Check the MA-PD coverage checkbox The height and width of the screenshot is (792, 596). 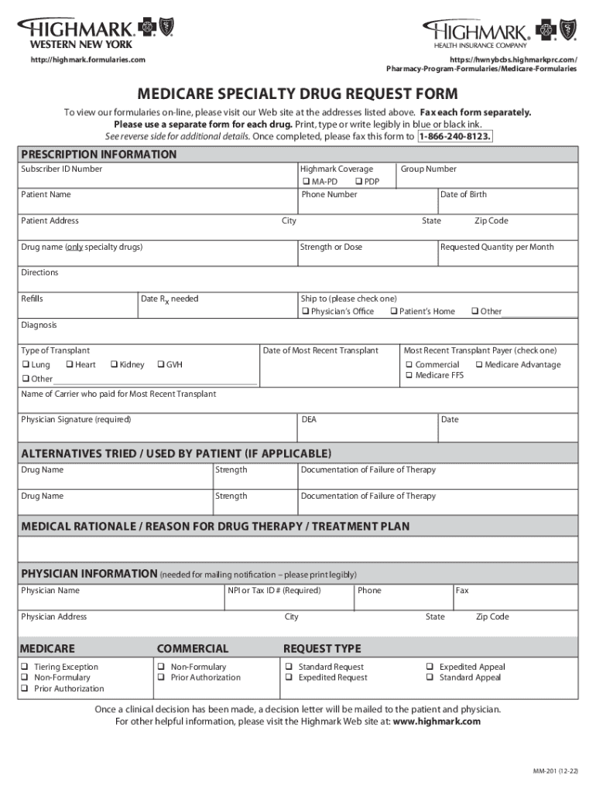306,181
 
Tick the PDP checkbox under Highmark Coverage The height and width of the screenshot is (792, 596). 358,181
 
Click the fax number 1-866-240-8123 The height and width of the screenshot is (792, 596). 454,137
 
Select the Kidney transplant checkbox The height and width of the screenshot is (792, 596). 114,364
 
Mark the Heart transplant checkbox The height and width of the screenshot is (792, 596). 70,364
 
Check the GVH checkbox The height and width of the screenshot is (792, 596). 160,364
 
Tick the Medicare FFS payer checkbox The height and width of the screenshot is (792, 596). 408,375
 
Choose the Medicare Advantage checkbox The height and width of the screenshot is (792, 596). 478,364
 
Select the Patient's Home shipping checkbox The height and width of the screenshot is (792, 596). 393,312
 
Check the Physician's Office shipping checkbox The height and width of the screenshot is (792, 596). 304,312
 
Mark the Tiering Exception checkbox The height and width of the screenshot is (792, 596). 25,667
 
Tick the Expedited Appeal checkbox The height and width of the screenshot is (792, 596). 430,667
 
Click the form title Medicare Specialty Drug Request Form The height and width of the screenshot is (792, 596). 298,94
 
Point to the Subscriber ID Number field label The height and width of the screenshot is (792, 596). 61,169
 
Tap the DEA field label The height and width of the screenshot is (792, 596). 308,419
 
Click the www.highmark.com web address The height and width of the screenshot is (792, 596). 437,721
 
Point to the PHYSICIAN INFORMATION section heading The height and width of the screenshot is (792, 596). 89,574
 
